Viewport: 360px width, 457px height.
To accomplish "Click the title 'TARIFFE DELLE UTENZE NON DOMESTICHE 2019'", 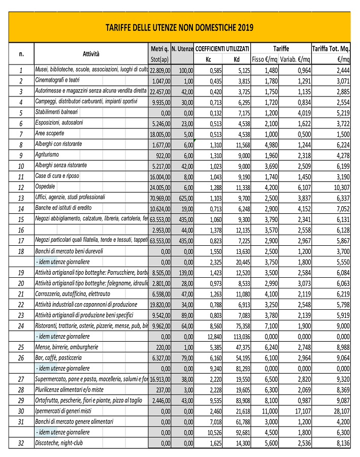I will coord(179,27).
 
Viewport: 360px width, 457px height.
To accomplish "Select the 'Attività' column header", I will coord(91,54).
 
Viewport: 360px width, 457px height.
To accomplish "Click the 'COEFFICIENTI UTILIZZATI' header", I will coord(222,49).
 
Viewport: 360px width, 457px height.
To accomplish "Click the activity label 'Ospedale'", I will coord(46,186).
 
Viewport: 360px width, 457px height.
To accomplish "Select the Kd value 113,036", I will coord(240,337).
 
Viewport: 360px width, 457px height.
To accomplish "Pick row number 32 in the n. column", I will coord(21,443).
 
